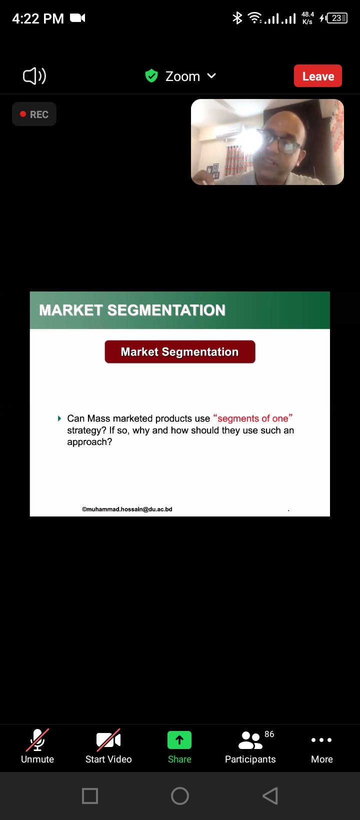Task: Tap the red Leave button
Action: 317,76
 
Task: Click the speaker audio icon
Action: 34,76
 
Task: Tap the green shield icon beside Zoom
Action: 151,76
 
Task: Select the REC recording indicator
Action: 34,114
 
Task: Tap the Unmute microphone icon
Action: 37,740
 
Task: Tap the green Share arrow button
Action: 179,740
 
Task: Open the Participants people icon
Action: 250,740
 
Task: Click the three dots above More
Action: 321,740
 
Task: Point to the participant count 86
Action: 269,734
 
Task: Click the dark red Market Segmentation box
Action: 180,352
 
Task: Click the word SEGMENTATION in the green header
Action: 166,310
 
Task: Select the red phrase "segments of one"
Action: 252,418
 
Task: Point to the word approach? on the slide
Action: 89,442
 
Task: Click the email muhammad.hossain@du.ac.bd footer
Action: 127,509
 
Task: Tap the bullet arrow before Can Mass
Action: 59,418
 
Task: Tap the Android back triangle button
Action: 270,796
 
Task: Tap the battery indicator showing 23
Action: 337,18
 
